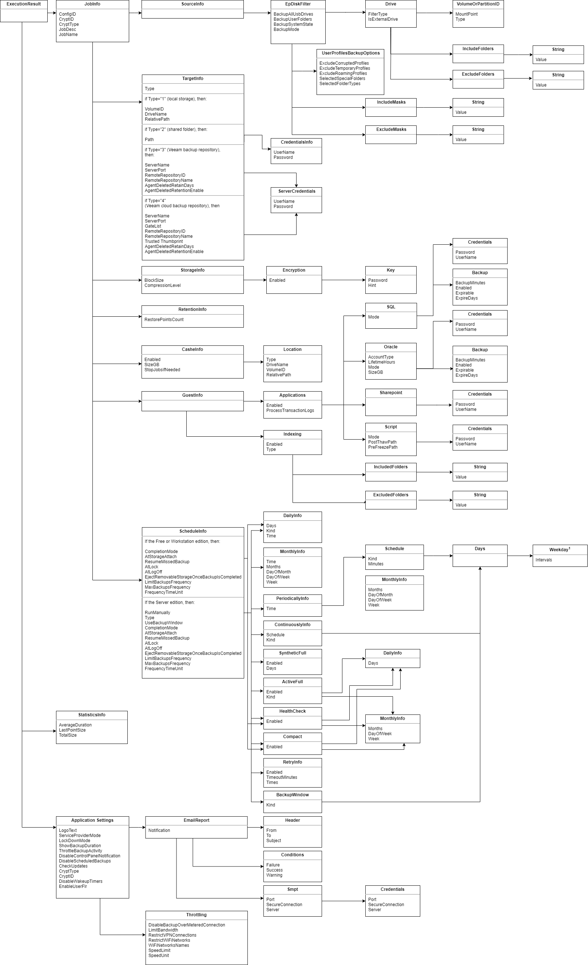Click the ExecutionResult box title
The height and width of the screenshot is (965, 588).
(x=24, y=4)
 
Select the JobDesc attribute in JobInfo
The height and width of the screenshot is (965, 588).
(x=67, y=29)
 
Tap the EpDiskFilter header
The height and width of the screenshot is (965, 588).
(x=298, y=4)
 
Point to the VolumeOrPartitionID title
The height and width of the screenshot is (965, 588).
(x=478, y=4)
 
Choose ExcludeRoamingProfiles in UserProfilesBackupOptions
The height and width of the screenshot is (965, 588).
(x=343, y=73)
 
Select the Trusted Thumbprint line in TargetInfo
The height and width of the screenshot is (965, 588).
(x=163, y=242)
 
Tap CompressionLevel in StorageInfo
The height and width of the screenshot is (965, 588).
(x=162, y=285)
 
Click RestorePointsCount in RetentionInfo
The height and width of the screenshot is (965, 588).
(x=164, y=320)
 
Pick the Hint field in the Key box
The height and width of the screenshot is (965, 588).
(x=372, y=285)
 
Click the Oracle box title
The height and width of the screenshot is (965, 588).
(x=390, y=347)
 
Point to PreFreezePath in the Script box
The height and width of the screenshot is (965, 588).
(x=382, y=447)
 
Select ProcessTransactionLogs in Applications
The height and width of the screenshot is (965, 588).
(x=290, y=411)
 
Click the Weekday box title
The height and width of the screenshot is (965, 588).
(x=559, y=550)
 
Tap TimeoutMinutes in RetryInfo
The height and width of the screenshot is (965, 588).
(x=282, y=777)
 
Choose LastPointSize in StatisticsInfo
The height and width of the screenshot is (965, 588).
(x=72, y=730)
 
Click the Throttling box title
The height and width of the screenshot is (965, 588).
(x=196, y=915)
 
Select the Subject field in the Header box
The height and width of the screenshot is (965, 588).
(x=273, y=840)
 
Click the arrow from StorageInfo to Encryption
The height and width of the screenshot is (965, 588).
(x=255, y=280)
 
